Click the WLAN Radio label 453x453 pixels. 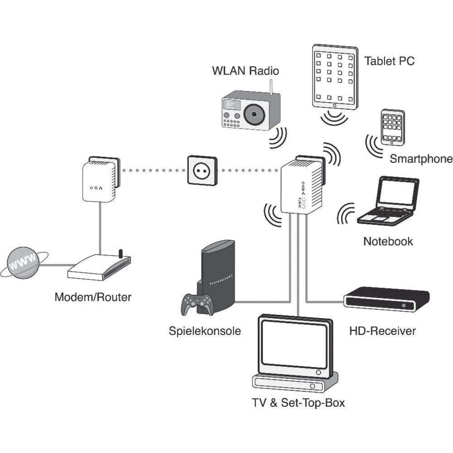[x=245, y=71]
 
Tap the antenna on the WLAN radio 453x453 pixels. [x=271, y=88]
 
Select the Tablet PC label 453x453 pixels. [x=389, y=61]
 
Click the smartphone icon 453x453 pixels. [x=391, y=127]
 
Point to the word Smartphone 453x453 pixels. [x=421, y=159]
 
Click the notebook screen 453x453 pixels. [x=397, y=193]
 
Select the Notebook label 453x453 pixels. [x=388, y=241]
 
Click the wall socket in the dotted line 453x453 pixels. [x=202, y=170]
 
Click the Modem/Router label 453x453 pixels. [x=93, y=298]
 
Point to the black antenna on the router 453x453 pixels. [x=120, y=253]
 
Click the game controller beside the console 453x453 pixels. [x=198, y=304]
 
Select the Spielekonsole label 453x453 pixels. [x=205, y=331]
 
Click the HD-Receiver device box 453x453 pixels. [x=386, y=299]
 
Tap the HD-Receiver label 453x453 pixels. [x=382, y=331]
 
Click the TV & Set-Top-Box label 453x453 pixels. [x=298, y=402]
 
